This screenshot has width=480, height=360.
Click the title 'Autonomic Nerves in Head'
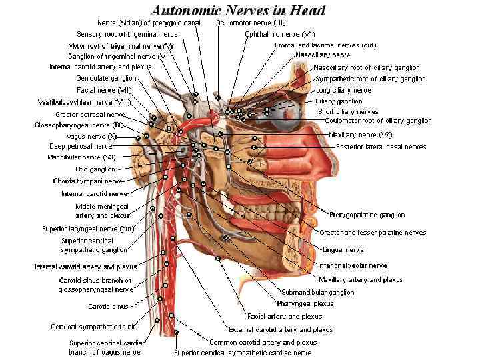pyautogui.click(x=238, y=10)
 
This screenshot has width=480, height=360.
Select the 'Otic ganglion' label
pyautogui.click(x=95, y=169)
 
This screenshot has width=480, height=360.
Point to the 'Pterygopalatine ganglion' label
pyautogui.click(x=367, y=215)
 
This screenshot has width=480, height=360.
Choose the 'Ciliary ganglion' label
pyautogui.click(x=339, y=101)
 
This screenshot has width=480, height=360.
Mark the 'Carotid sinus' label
pyautogui.click(x=108, y=307)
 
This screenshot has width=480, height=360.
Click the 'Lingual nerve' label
pyautogui.click(x=343, y=250)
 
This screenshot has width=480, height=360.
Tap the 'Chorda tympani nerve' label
pyautogui.click(x=88, y=181)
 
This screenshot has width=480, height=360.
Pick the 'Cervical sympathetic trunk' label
pyautogui.click(x=93, y=327)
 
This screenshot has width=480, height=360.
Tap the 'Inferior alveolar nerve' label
pyautogui.click(x=352, y=265)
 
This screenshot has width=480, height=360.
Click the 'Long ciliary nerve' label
pyautogui.click(x=343, y=90)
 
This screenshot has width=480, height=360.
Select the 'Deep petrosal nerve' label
pyautogui.click(x=81, y=146)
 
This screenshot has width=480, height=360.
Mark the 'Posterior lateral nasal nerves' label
pyautogui.click(x=381, y=147)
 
